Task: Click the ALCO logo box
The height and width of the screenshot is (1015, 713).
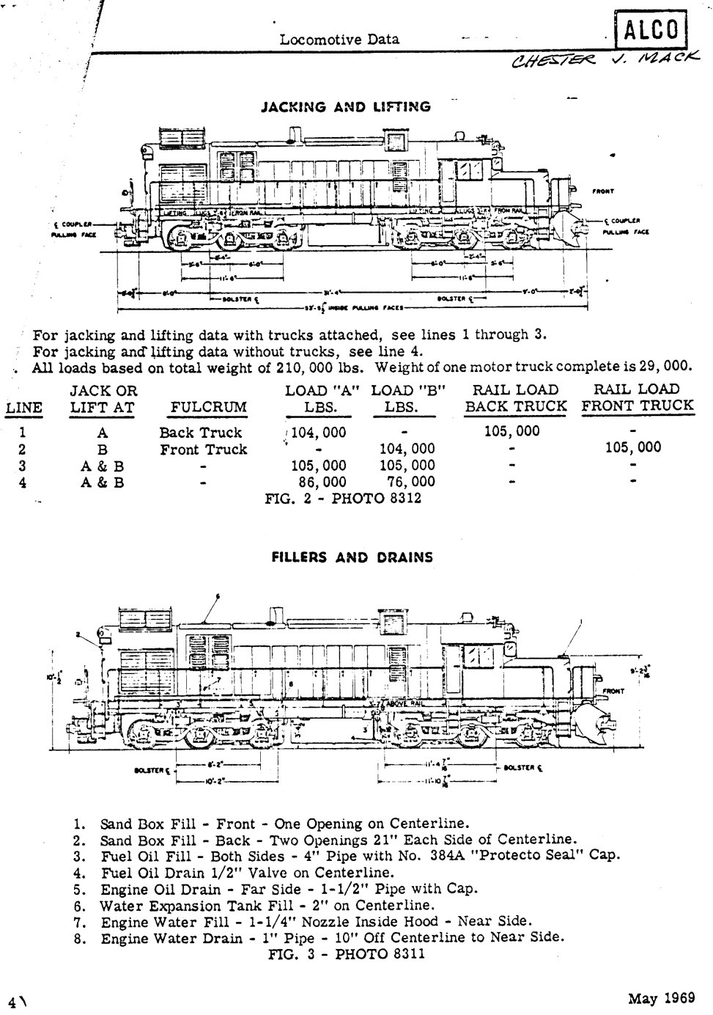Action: point(650,30)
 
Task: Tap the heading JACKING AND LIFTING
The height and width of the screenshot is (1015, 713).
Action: point(346,107)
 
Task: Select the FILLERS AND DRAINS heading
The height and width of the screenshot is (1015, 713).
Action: point(352,557)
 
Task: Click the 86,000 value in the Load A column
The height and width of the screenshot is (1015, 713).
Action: point(322,482)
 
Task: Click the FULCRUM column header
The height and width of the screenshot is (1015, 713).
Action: point(208,407)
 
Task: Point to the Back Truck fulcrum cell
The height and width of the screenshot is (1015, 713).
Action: point(200,433)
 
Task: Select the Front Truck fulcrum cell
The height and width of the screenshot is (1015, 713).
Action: point(203,450)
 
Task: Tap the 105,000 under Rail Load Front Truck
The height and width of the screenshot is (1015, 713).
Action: point(633,447)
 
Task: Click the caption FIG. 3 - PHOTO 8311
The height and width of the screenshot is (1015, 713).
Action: point(346,953)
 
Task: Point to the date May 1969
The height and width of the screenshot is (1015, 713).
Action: point(662,998)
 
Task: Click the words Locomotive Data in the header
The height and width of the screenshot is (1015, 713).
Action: point(339,40)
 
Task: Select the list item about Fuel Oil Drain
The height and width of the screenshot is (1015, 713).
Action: point(248,873)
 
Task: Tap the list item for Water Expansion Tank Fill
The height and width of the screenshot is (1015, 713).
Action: point(267,906)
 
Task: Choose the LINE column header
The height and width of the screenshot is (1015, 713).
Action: point(23,408)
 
